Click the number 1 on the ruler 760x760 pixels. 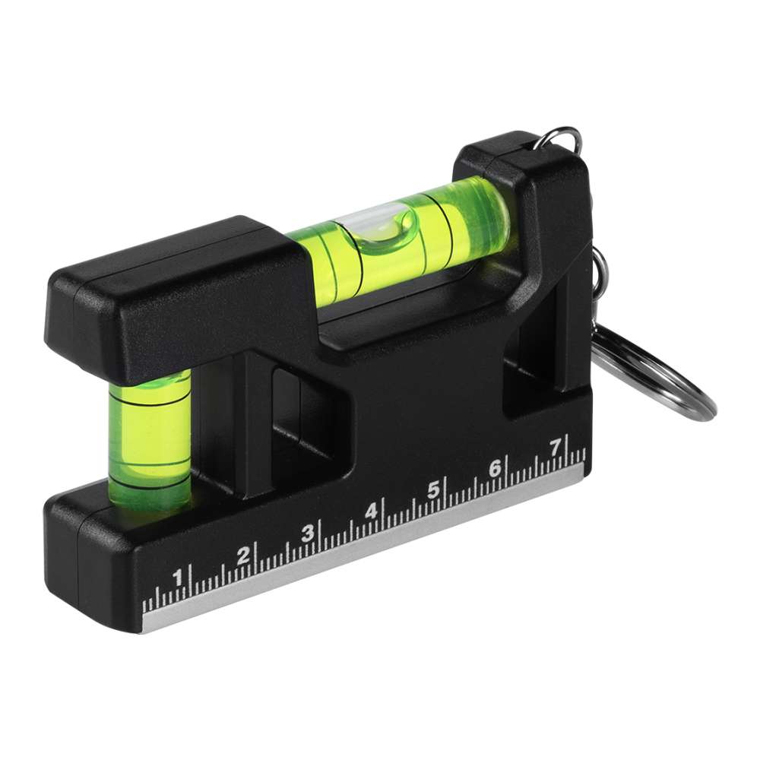[178, 578]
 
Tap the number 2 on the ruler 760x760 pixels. [243, 555]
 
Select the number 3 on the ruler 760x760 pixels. [308, 534]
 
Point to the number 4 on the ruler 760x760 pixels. [372, 511]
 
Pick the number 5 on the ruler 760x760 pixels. [433, 489]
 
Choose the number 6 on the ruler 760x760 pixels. [495, 468]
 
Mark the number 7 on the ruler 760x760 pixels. [556, 448]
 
